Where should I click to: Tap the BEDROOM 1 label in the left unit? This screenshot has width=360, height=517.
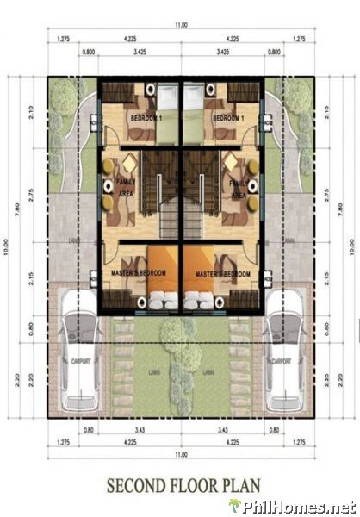click(x=147, y=117)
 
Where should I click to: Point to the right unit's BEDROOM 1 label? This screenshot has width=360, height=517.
click(x=228, y=117)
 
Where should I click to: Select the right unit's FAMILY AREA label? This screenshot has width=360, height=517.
click(x=239, y=189)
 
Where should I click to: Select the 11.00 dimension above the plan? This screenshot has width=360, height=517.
click(x=180, y=25)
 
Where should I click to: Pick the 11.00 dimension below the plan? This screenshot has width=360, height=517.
click(x=180, y=454)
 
